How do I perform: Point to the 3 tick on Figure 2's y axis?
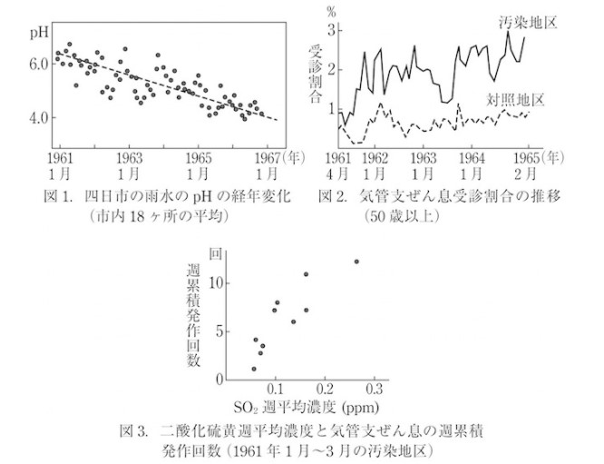[x=333, y=29]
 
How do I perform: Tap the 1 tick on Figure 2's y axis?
[x=333, y=107]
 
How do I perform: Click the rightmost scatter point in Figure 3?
[x=356, y=262]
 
